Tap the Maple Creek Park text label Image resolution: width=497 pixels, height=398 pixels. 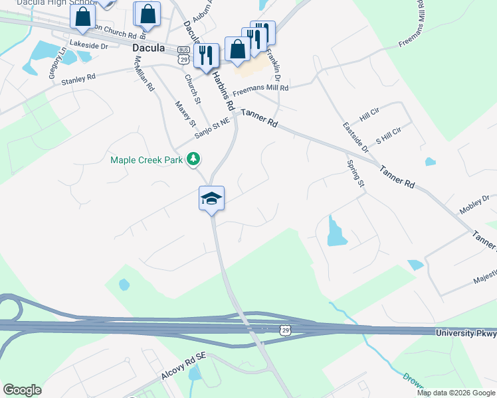pyautogui.click(x=148, y=159)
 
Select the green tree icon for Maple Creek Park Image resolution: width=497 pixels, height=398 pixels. pyautogui.click(x=193, y=159)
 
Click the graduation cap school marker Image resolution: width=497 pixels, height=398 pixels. pyautogui.click(x=211, y=198)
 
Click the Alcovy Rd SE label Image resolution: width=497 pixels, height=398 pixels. pyautogui.click(x=184, y=365)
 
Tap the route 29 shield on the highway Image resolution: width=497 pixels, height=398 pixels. pyautogui.click(x=285, y=329)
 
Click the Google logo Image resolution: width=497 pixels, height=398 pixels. pyautogui.click(x=22, y=389)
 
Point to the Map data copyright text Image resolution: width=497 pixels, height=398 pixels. pyautogui.click(x=456, y=393)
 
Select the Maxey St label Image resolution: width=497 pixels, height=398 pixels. pyautogui.click(x=186, y=113)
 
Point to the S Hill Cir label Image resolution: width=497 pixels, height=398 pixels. pyautogui.click(x=389, y=131)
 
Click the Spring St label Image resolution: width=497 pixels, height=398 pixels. pyautogui.click(x=356, y=174)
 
